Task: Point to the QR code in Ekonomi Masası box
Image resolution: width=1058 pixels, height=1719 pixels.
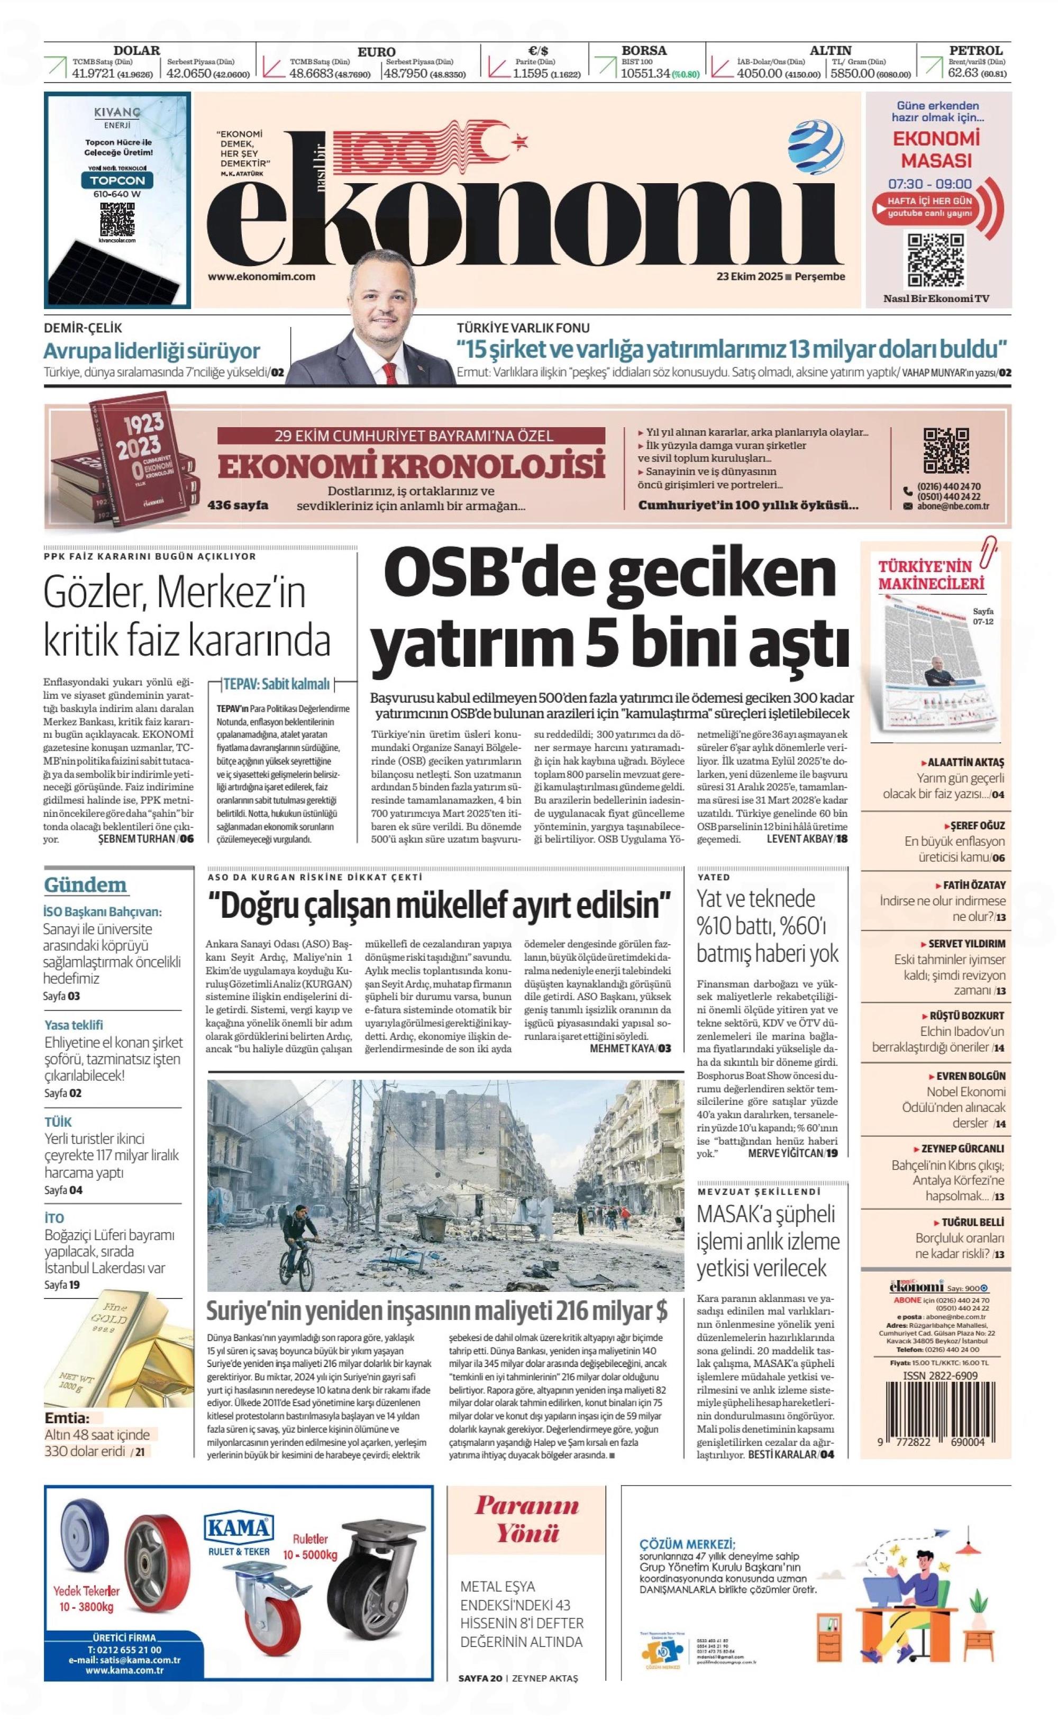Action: (x=936, y=260)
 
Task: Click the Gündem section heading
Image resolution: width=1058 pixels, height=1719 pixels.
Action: (x=85, y=885)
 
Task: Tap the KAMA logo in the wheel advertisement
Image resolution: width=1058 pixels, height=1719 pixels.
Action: (x=238, y=1528)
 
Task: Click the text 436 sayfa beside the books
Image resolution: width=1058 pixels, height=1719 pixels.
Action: (x=237, y=505)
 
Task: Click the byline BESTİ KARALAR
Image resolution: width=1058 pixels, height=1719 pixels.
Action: (x=782, y=1454)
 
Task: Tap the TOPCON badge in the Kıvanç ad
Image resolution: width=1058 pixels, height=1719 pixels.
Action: (x=117, y=180)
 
